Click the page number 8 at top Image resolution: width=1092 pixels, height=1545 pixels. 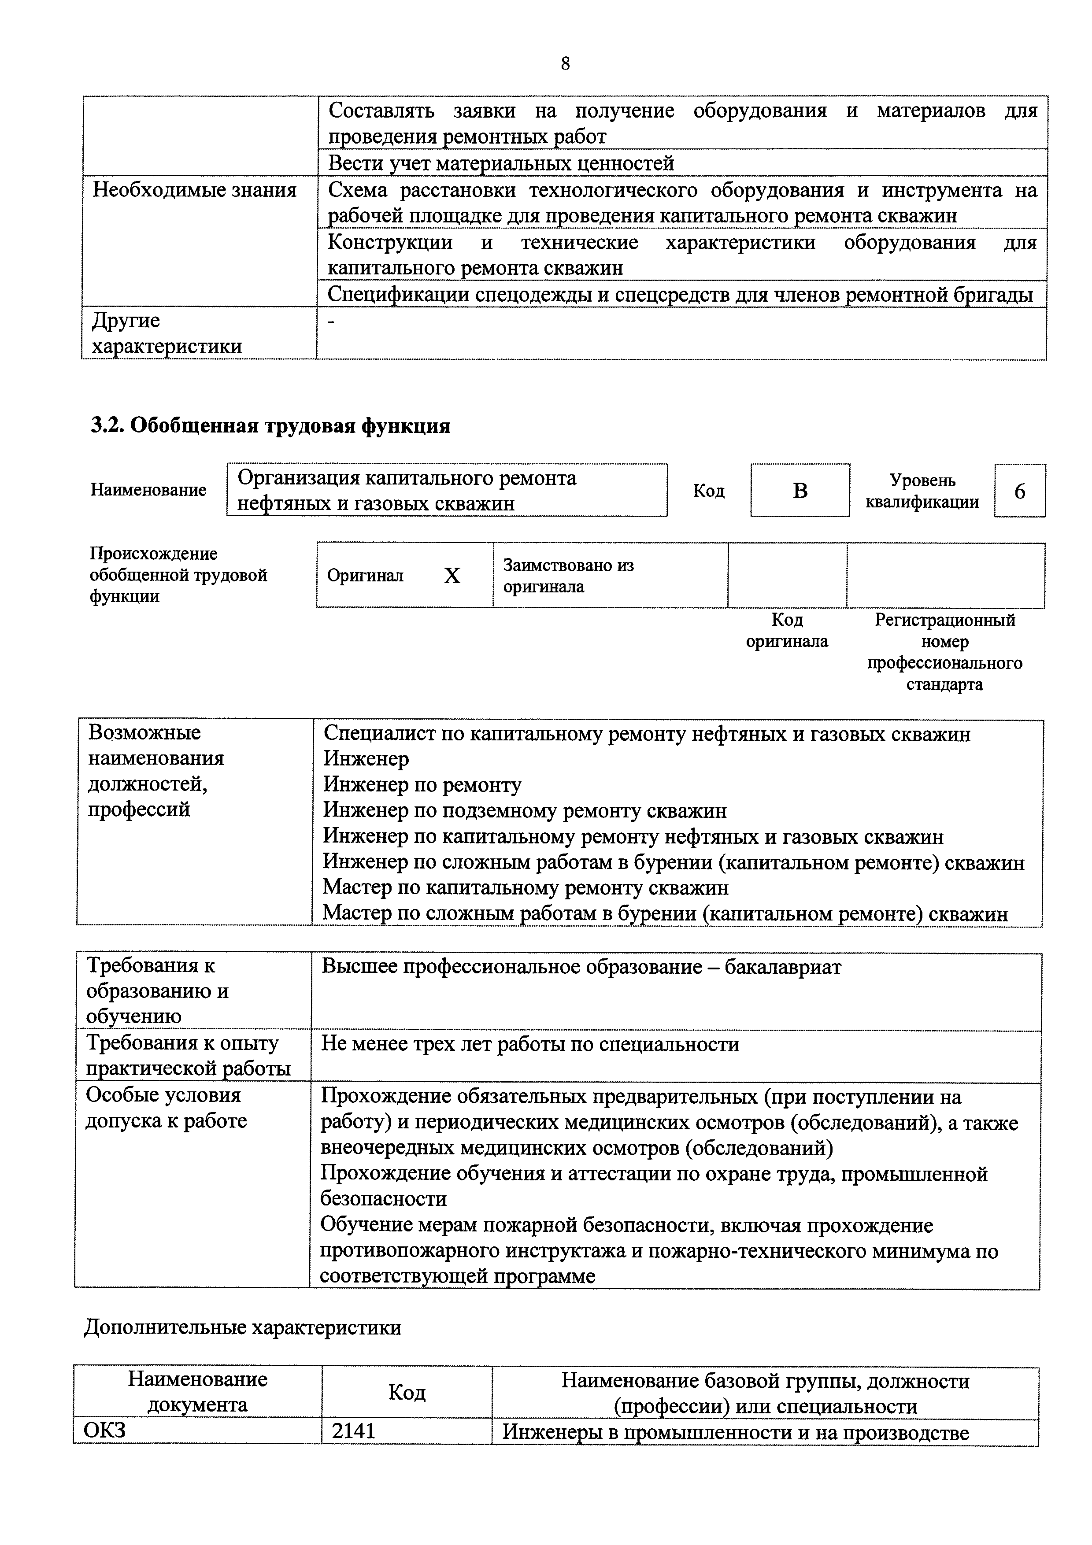(x=565, y=63)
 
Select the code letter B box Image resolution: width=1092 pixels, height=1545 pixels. (x=800, y=491)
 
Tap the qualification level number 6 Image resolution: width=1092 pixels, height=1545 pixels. (x=1019, y=491)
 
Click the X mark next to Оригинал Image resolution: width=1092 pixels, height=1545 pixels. (x=452, y=575)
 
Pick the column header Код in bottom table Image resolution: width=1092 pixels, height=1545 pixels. (x=407, y=1392)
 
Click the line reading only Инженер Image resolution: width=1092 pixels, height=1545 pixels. (x=366, y=759)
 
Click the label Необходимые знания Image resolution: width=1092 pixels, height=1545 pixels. (x=194, y=190)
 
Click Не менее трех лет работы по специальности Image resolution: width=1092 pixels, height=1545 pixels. (x=530, y=1044)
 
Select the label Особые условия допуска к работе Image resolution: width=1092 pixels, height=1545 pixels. (x=166, y=1108)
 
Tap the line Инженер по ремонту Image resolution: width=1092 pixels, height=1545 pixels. (x=422, y=785)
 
